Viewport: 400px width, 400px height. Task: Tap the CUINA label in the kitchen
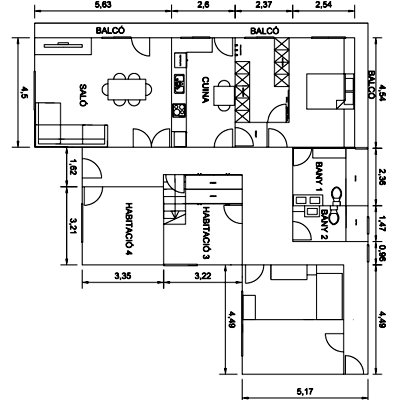(x=205, y=86)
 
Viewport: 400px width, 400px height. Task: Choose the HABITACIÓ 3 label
(x=204, y=231)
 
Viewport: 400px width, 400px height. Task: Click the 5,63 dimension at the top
(x=102, y=7)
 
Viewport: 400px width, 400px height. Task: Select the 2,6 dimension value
(x=202, y=7)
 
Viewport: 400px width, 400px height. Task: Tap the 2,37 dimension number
(x=259, y=7)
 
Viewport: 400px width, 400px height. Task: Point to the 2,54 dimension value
(x=323, y=7)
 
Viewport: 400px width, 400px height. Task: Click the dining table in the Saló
(x=128, y=89)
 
